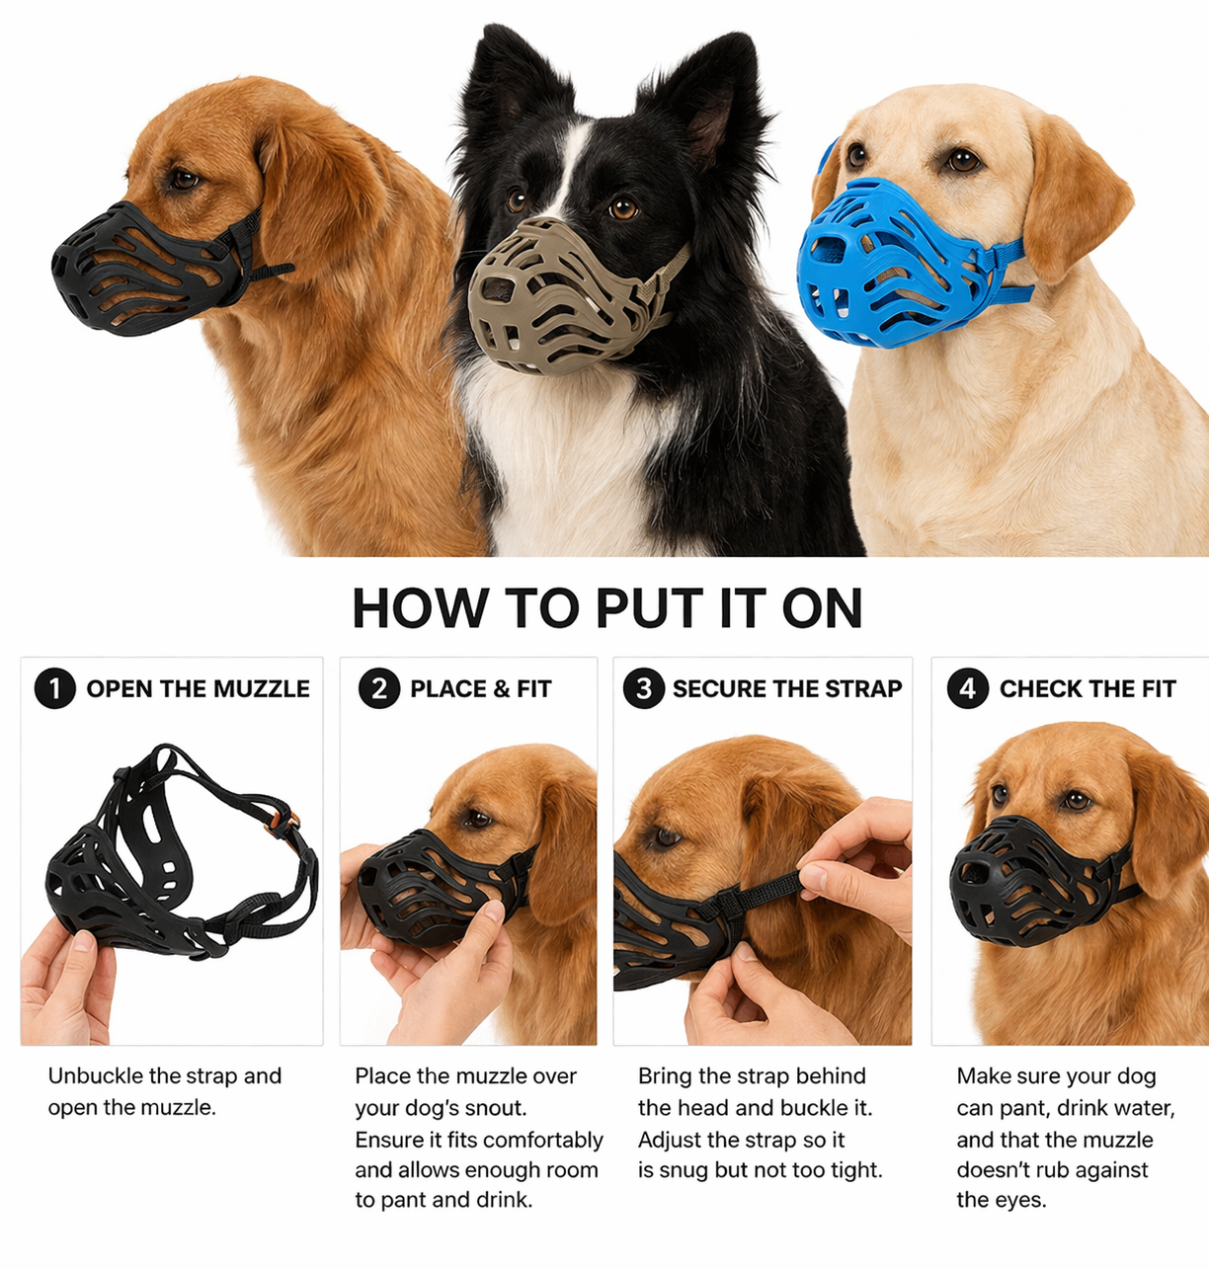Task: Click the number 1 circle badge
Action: (55, 688)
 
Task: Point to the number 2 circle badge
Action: (379, 688)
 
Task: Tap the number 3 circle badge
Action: (643, 688)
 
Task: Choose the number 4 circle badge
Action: (967, 688)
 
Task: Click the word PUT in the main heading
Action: (648, 608)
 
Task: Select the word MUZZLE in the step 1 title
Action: (262, 689)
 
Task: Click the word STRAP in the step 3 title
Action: (862, 689)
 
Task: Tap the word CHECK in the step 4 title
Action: (1034, 689)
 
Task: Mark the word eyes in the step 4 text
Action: (1021, 1201)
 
